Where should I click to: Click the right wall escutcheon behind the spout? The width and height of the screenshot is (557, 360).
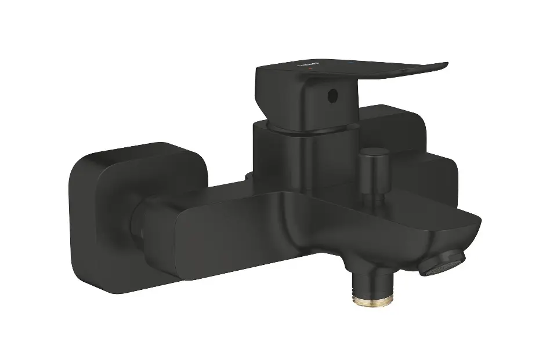(x=429, y=168)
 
